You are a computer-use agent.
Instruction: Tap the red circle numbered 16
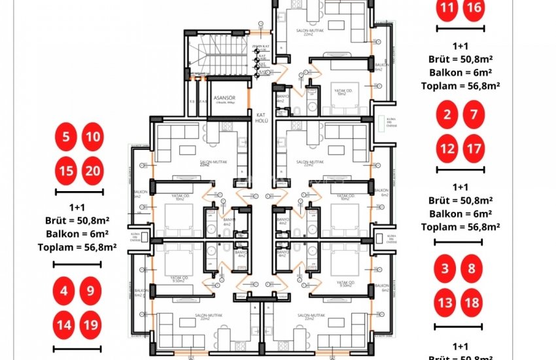tap(474, 9)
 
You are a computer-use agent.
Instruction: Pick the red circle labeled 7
tap(474, 117)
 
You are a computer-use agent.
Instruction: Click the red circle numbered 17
tap(474, 149)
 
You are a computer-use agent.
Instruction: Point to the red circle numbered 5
tap(65, 137)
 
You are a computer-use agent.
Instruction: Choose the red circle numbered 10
tap(93, 137)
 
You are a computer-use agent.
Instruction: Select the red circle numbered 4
tap(65, 291)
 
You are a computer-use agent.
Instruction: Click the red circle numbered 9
tap(91, 291)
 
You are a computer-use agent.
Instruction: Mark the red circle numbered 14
tap(65, 323)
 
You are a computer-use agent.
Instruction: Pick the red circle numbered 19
tap(91, 323)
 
